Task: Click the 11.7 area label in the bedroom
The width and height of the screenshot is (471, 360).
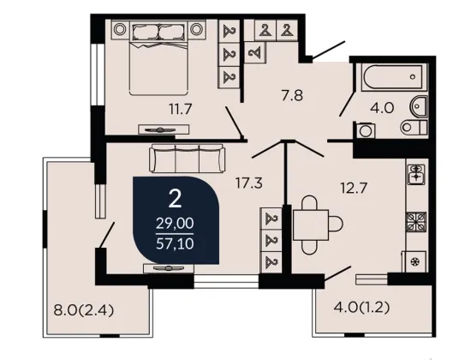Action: pyautogui.click(x=180, y=109)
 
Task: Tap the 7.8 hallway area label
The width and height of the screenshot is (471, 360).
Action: pyautogui.click(x=292, y=96)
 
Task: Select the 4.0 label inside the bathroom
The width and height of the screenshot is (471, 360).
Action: pyautogui.click(x=382, y=108)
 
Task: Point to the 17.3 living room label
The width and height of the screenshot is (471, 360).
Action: pyautogui.click(x=248, y=183)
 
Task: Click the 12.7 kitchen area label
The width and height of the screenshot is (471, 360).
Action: pyautogui.click(x=354, y=189)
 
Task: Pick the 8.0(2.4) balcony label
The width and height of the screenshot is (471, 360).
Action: pyautogui.click(x=84, y=310)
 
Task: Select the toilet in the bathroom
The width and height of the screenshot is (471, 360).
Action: pyautogui.click(x=414, y=127)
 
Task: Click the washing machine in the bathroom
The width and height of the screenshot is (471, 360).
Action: pyautogui.click(x=366, y=130)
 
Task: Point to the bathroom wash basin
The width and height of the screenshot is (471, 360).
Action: pyautogui.click(x=418, y=106)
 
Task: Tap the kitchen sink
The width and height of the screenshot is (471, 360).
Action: pyautogui.click(x=416, y=174)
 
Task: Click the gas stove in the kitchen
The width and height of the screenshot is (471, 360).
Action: pyautogui.click(x=416, y=222)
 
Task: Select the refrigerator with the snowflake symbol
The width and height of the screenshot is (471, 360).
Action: pyautogui.click(x=416, y=261)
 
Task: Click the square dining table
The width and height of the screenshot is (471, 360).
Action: pyautogui.click(x=311, y=225)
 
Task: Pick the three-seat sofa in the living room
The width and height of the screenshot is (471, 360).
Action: pyautogui.click(x=187, y=159)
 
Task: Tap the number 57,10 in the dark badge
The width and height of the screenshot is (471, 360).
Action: pyautogui.click(x=175, y=243)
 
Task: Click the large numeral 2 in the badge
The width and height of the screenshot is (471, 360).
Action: pyautogui.click(x=175, y=199)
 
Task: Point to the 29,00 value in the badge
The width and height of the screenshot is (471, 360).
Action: pyautogui.click(x=175, y=224)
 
